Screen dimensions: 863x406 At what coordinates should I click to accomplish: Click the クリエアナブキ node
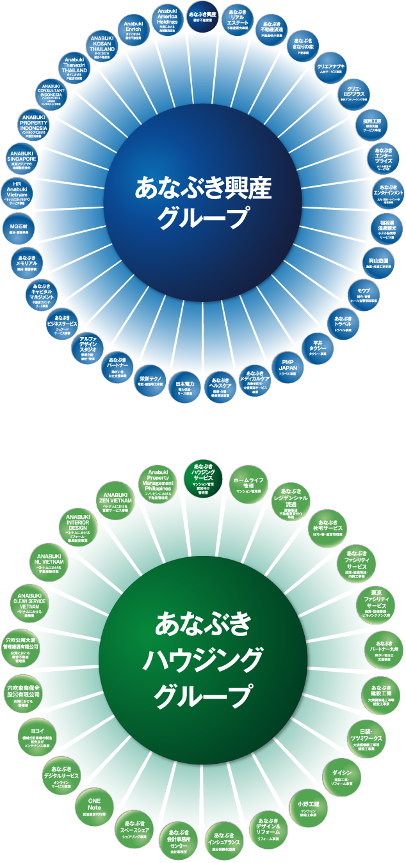point(330,70)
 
